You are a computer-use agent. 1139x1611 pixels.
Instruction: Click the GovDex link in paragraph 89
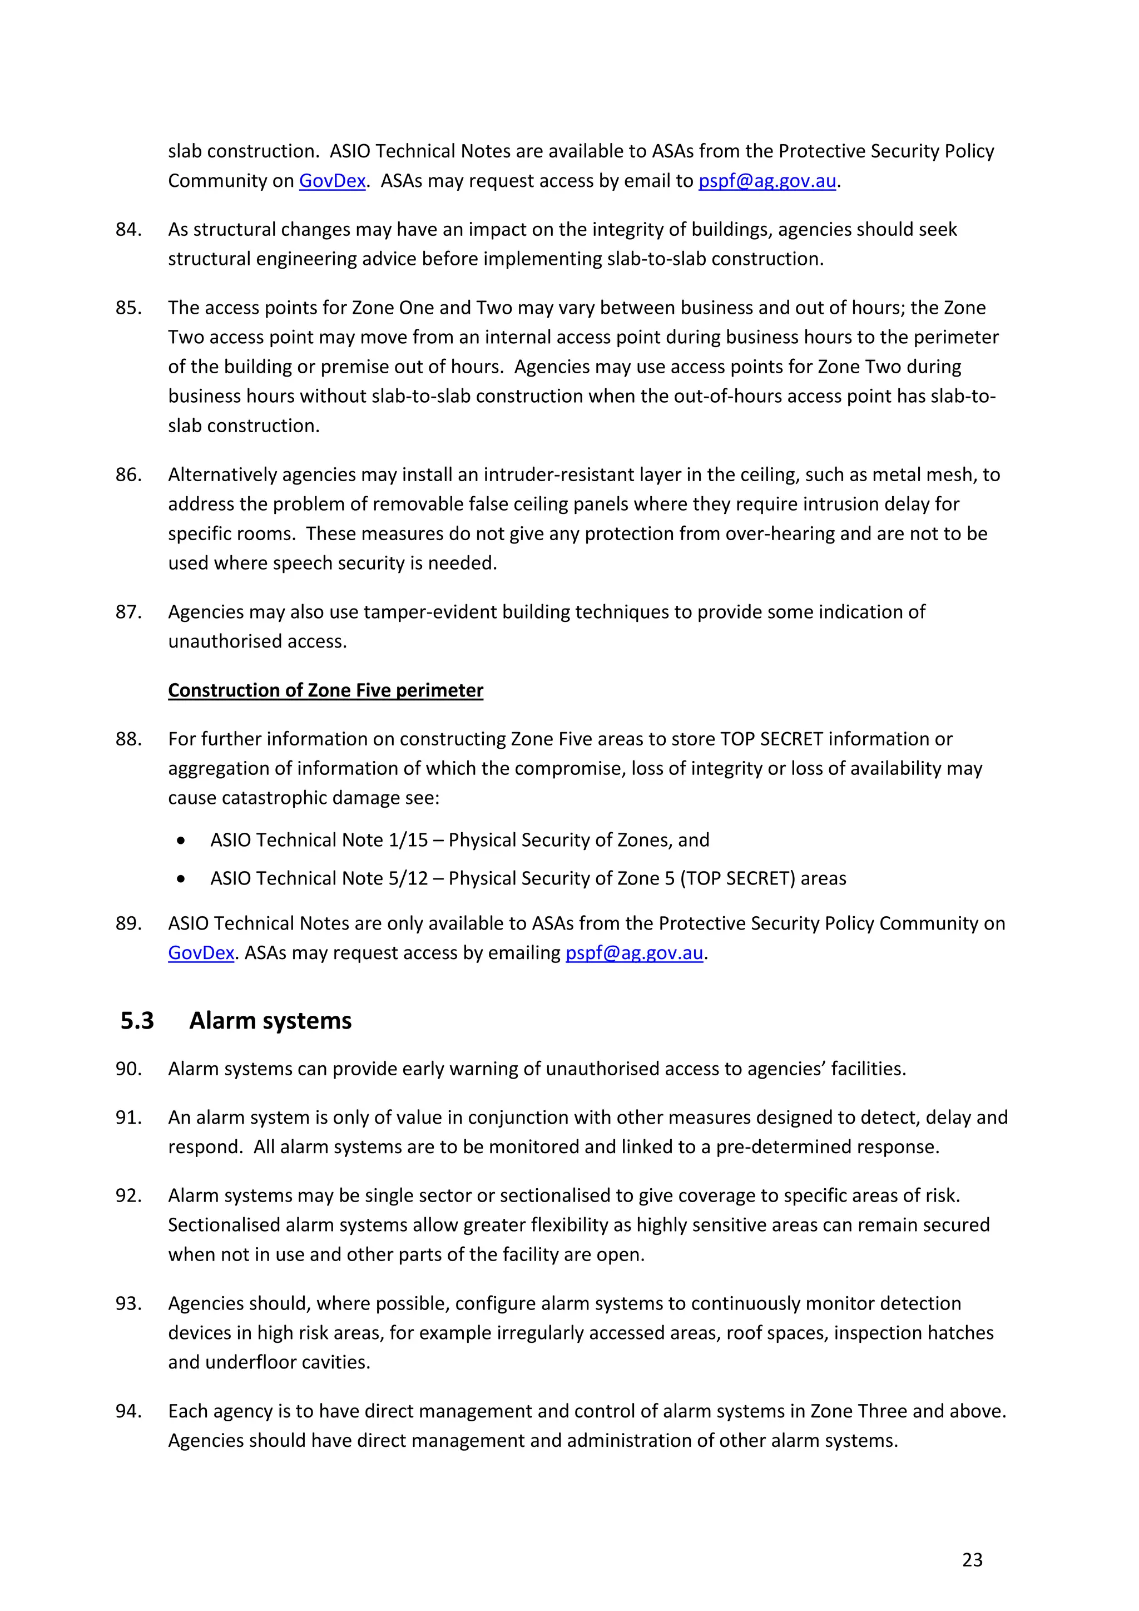(x=201, y=953)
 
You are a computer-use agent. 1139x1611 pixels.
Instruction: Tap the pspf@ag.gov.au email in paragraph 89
(x=634, y=953)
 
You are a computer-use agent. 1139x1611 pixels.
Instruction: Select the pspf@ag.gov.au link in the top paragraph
(x=766, y=181)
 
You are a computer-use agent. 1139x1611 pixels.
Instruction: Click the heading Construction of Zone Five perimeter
(x=325, y=690)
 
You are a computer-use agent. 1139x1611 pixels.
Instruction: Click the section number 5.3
(x=137, y=1020)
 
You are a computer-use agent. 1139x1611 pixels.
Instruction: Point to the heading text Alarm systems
(x=270, y=1020)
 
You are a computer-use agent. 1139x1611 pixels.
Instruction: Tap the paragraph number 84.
(x=128, y=229)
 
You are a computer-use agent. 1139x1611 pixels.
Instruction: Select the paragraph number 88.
(x=128, y=739)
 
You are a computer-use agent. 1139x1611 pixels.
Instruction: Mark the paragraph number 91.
(x=128, y=1117)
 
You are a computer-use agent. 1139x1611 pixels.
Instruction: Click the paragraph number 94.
(x=128, y=1411)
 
